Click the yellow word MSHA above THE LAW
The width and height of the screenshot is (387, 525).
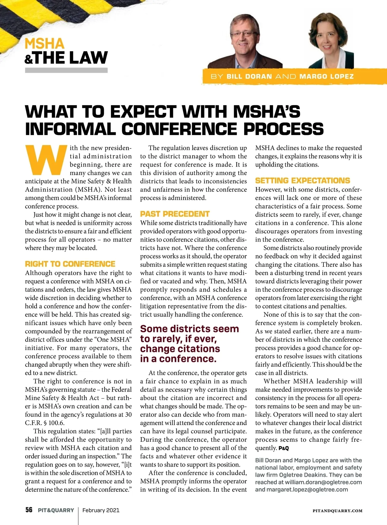45,44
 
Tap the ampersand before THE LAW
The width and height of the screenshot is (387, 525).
29,59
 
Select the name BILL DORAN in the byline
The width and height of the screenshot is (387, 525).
249,77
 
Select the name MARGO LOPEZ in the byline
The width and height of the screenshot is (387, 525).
326,77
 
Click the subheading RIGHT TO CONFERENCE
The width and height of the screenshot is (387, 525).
70,264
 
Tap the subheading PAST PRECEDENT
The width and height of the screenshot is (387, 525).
175,214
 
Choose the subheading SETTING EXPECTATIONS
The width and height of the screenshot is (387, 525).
303,180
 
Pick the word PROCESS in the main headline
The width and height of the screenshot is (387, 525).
283,129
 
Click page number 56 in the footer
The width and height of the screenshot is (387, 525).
29,510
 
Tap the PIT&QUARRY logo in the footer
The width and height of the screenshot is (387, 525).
56,510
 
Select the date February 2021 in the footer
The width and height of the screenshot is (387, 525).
101,510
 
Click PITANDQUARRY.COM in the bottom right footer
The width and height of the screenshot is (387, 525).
337,511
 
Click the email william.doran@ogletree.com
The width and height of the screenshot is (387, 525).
323,482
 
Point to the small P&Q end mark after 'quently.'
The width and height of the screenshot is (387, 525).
283,448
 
